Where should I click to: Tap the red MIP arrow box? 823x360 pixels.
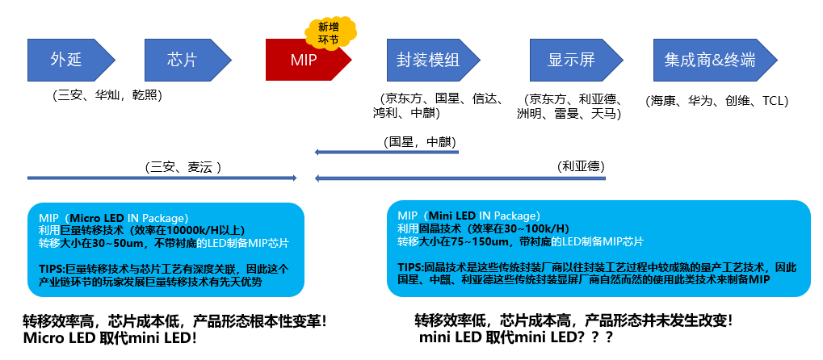304,60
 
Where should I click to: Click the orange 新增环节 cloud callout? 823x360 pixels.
330,30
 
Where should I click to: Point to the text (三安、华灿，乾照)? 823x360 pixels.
108,95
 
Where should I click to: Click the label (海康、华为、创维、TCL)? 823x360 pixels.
717,101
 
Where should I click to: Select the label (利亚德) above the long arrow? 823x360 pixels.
581,165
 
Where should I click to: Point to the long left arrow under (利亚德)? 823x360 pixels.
460,177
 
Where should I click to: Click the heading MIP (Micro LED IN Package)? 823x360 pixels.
113,218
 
